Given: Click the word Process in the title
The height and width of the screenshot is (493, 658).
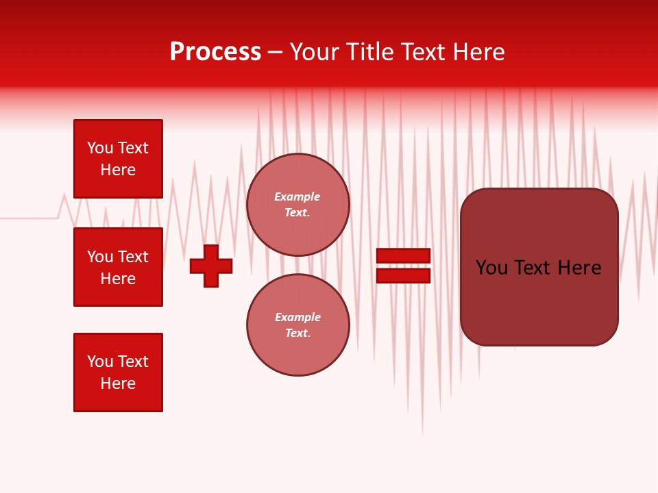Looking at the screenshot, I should point(215,52).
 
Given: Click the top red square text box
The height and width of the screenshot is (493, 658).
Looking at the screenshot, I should point(118,159).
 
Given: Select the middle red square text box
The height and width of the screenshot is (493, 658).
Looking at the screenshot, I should point(118,267).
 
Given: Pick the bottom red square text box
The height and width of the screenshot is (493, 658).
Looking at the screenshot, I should point(118,372).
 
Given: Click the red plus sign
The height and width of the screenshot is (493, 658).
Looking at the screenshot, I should point(211,266).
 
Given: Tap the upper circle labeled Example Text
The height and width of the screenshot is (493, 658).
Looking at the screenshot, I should point(297,205).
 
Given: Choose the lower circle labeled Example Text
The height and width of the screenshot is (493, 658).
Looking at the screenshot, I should point(297,325).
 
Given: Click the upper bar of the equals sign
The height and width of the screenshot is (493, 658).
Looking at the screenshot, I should point(403,256).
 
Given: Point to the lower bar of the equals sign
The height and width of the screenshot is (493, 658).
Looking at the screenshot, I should point(403,275).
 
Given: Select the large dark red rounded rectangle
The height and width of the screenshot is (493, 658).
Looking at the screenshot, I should point(539,301).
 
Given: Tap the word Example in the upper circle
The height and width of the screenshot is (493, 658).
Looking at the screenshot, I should point(297,197).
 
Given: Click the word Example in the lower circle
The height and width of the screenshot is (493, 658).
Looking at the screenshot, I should point(297,318).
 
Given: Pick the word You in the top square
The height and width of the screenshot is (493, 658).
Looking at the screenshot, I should point(100,149).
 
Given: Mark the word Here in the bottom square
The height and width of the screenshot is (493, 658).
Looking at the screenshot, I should point(118,384).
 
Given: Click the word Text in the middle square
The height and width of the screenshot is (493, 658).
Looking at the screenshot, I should point(133,257).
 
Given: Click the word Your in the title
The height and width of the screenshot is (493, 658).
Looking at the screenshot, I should point(313,52).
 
